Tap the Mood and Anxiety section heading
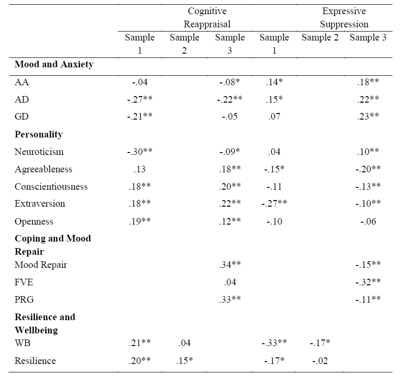54,65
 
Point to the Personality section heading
39,134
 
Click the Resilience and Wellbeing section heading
45,323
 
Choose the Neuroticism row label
39,152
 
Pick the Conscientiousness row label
51,186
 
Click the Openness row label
34,221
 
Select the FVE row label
24,282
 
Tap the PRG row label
24,299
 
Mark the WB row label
22,343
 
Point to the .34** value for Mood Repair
229,265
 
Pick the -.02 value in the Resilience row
320,361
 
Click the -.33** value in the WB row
275,343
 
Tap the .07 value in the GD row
275,117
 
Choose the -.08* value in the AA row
229,82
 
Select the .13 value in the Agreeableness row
139,169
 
